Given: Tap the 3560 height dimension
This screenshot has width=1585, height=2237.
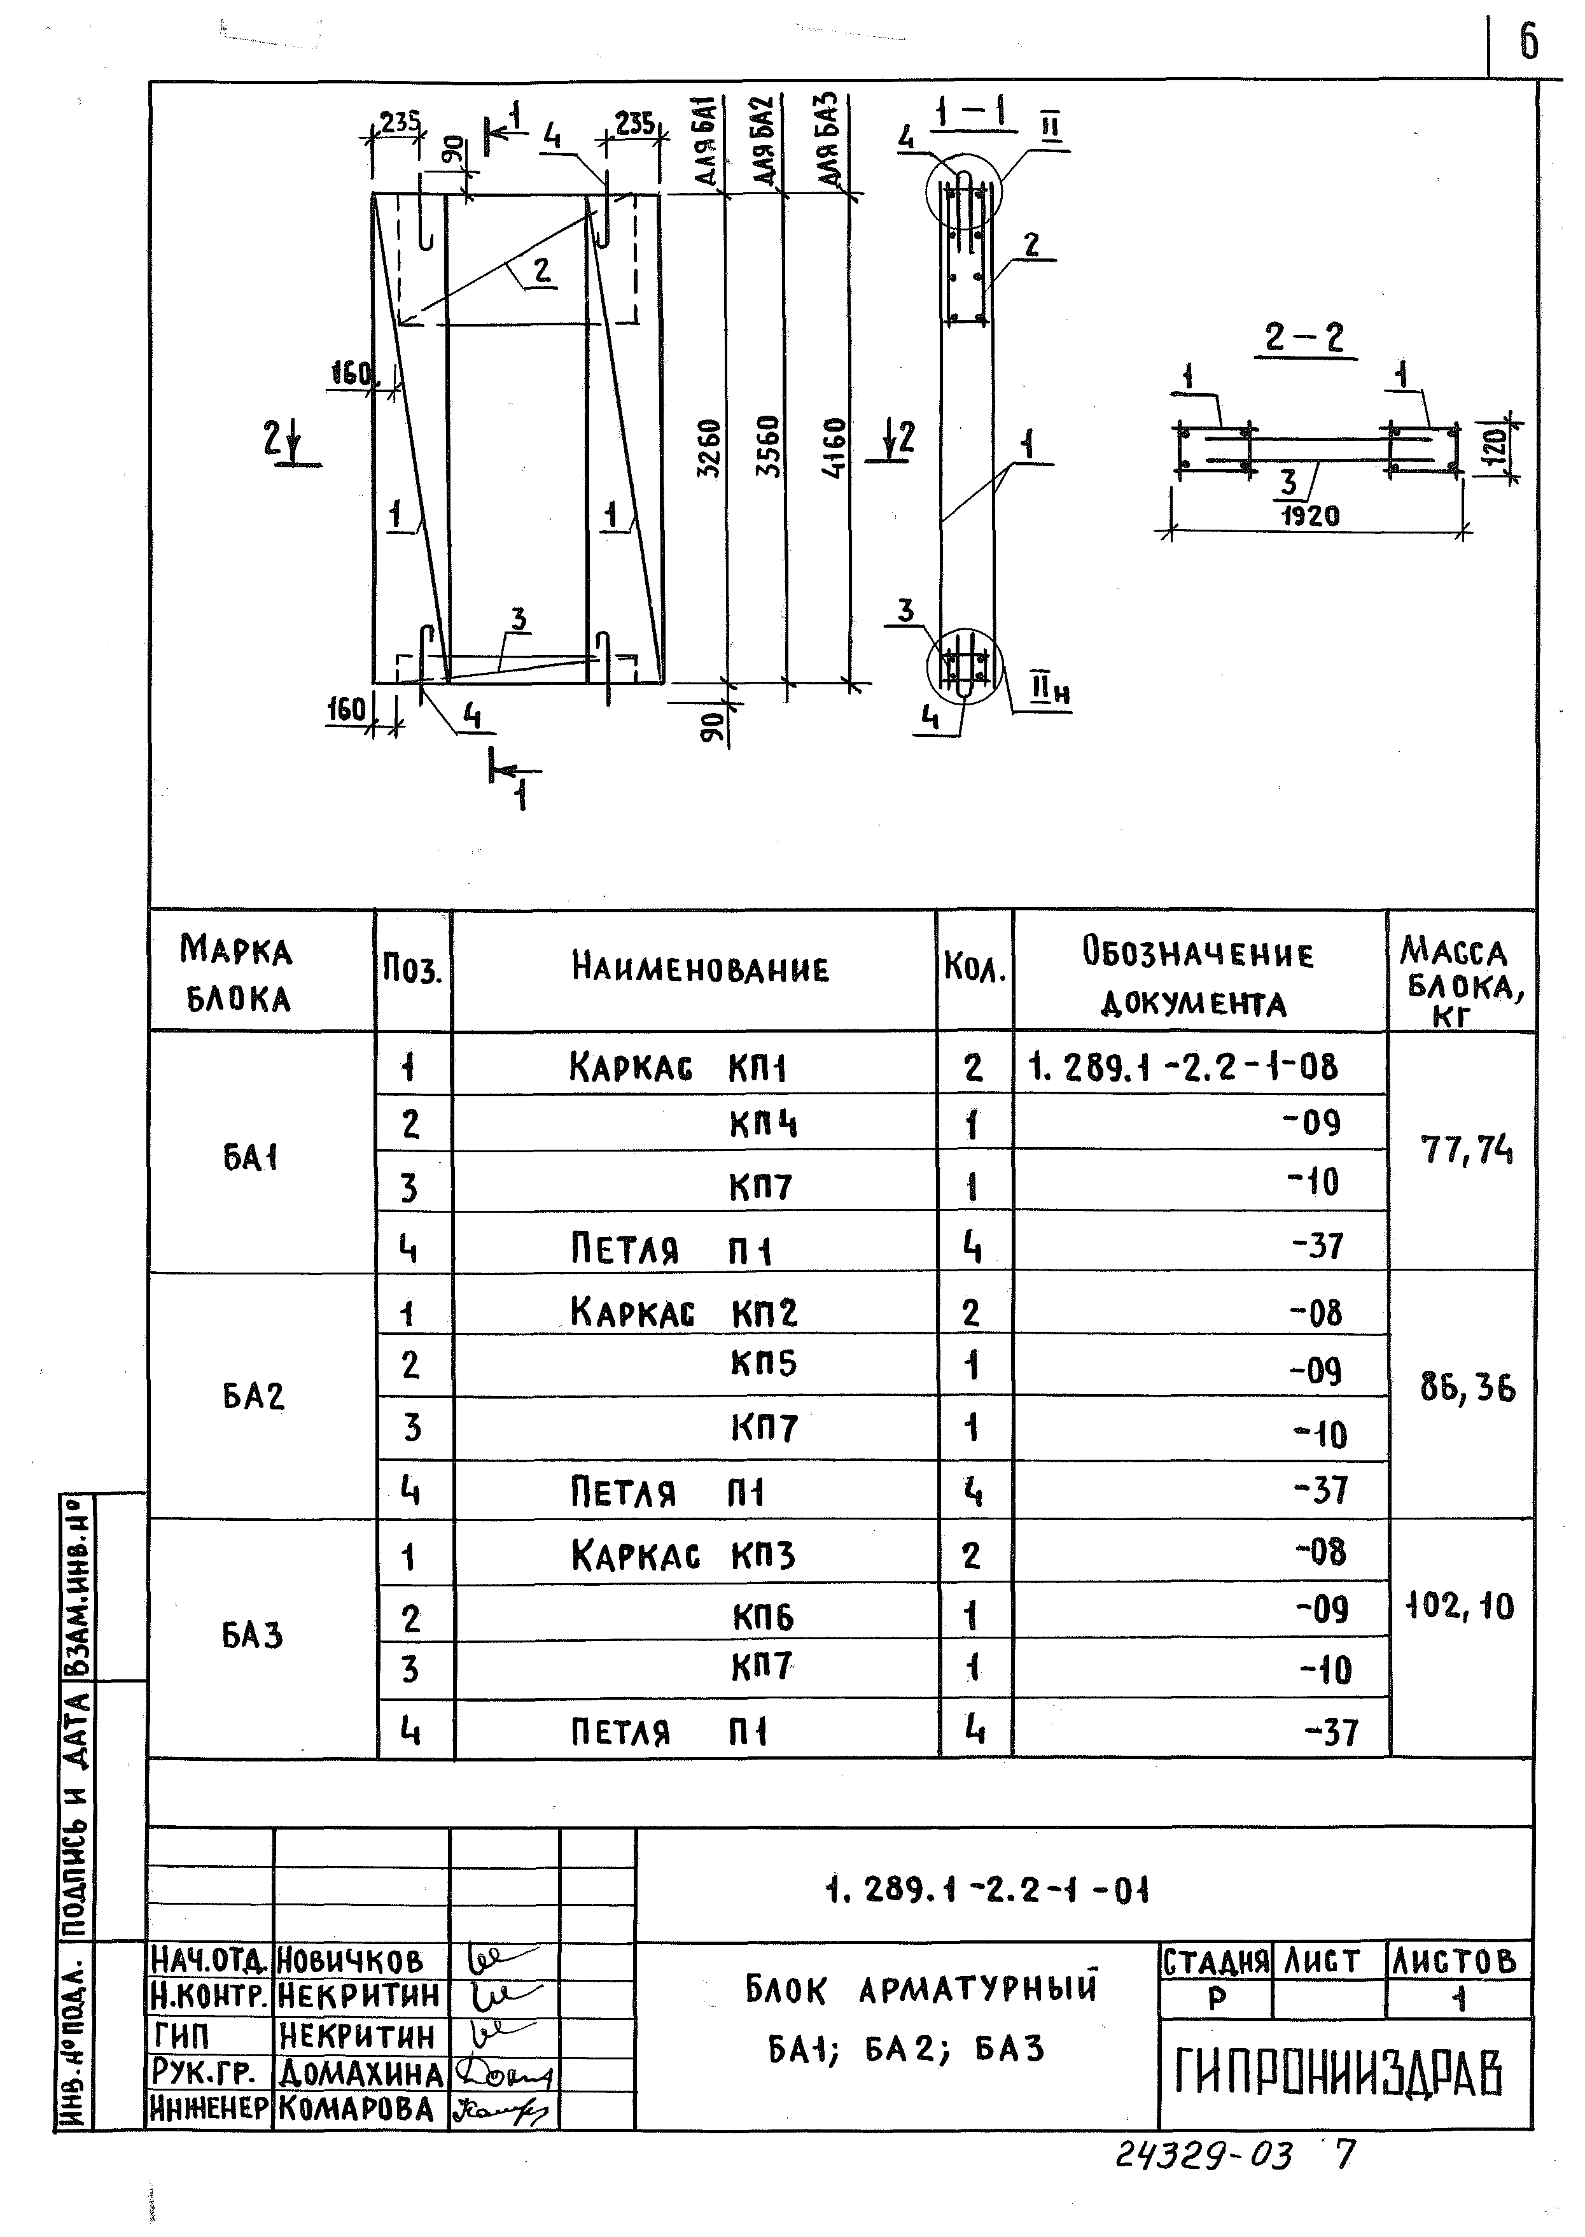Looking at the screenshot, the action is click(x=770, y=447).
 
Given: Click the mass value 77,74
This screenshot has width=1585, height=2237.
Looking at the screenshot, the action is click(x=1467, y=1152).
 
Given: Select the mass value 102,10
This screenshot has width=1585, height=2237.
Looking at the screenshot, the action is click(x=1460, y=1606).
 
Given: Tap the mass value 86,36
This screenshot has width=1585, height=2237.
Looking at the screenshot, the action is click(x=1467, y=1388).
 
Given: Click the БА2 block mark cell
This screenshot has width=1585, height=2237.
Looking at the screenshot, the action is click(x=253, y=1396).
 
